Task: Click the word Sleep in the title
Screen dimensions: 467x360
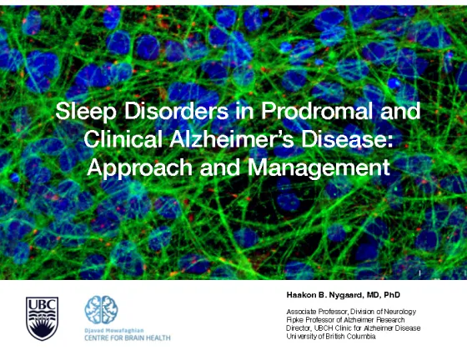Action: click(85, 112)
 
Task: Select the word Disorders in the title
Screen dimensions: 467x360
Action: click(176, 111)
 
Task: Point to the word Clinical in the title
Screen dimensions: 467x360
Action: click(123, 139)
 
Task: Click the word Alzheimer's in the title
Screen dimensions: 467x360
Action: click(232, 139)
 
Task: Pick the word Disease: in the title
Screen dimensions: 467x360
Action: click(346, 139)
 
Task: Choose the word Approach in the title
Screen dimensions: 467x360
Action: click(140, 168)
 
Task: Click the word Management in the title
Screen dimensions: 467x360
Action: click(319, 168)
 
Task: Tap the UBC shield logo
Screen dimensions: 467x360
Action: click(42, 318)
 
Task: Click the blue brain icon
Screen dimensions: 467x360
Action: click(101, 310)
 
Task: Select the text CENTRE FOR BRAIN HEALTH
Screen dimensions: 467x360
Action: click(128, 338)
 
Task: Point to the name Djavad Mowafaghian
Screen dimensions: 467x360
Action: click(114, 331)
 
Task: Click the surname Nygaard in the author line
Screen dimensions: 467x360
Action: click(347, 295)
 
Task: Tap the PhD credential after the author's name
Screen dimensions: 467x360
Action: click(392, 295)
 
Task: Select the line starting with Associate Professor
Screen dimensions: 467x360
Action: click(351, 312)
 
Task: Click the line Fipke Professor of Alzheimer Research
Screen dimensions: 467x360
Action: click(345, 320)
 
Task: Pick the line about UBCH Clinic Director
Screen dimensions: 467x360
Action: click(354, 328)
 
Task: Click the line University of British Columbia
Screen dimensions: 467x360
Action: click(331, 337)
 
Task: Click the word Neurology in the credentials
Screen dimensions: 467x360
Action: click(400, 312)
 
